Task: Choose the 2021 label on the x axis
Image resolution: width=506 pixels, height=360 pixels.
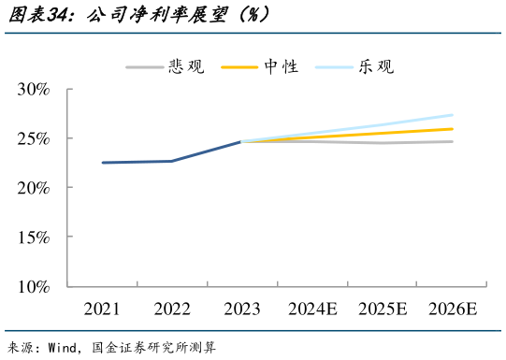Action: [x=102, y=309]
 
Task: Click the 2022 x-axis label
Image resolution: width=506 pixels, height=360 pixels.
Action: [x=171, y=309]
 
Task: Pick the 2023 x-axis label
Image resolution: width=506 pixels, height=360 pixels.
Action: [x=241, y=309]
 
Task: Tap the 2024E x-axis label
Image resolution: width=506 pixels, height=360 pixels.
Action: [x=312, y=309]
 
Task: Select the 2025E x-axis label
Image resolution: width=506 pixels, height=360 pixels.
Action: [x=383, y=309]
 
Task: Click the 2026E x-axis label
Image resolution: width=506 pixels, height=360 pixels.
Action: [x=453, y=309]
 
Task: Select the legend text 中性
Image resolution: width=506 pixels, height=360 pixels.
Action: [x=281, y=66]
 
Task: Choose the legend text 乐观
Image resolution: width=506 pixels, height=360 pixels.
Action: [x=375, y=66]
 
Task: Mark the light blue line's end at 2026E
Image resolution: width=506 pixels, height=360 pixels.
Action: [x=453, y=115]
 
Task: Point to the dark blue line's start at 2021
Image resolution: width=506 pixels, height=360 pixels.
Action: [x=103, y=163]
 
